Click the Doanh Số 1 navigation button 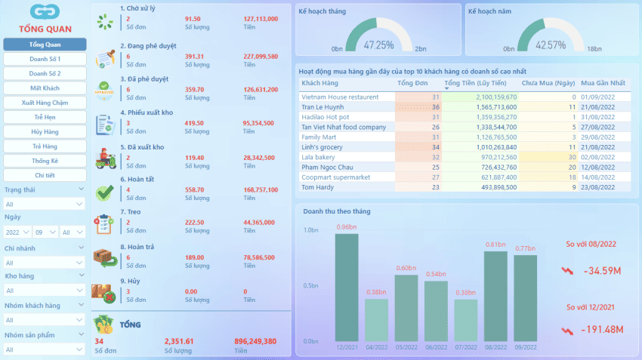click(x=45, y=59)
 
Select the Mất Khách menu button click(x=45, y=88)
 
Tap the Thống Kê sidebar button click(x=45, y=161)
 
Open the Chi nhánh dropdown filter click(x=45, y=263)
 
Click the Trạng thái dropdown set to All click(x=45, y=204)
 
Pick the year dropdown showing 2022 click(x=17, y=232)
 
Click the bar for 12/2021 click(x=347, y=287)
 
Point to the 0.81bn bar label click(x=495, y=245)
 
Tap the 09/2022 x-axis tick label click(x=526, y=346)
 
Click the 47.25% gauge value click(x=378, y=45)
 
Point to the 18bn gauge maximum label click(x=594, y=49)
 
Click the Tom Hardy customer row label click(x=317, y=187)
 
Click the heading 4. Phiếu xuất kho click(x=147, y=112)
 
